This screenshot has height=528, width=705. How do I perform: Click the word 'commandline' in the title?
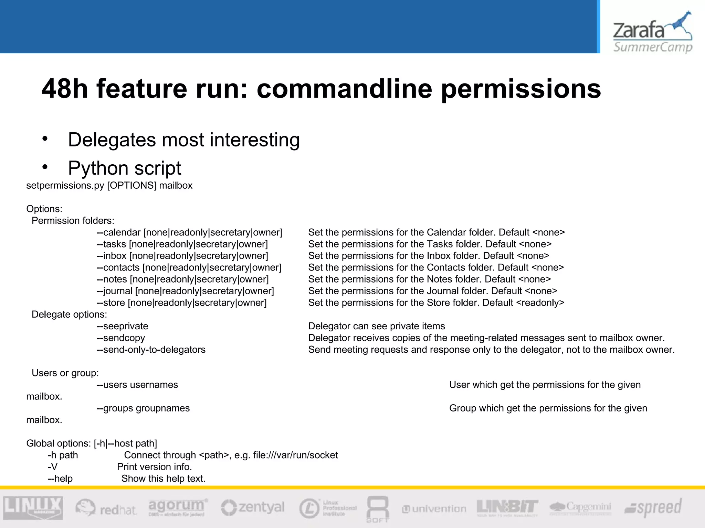click(344, 89)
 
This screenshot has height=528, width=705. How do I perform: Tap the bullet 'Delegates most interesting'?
click(183, 140)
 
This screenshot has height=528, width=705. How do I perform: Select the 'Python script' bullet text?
click(124, 168)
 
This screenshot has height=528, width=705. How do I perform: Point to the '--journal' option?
click(115, 291)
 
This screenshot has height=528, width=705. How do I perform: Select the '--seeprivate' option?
click(123, 326)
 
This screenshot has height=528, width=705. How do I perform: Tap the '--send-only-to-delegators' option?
click(151, 350)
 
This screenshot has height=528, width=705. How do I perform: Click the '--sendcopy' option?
click(121, 338)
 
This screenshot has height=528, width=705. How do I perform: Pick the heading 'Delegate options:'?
click(69, 315)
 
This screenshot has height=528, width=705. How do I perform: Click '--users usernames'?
click(137, 385)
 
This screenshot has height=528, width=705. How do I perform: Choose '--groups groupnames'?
click(143, 408)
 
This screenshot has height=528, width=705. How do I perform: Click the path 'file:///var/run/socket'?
click(295, 455)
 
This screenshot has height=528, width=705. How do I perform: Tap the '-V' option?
click(53, 467)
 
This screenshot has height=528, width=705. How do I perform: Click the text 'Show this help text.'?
click(164, 478)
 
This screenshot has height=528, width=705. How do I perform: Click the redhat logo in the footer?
click(106, 508)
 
